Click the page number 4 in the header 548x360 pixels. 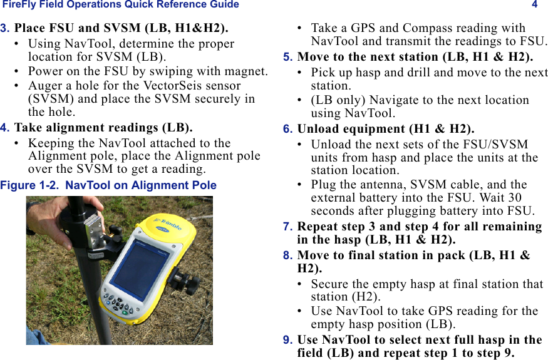click(x=534, y=4)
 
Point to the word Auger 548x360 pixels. click(x=43, y=85)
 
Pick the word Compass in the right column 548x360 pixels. click(x=424, y=28)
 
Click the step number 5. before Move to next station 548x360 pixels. click(x=288, y=58)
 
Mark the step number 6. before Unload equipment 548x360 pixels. click(x=288, y=129)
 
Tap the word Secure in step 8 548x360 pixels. click(x=331, y=284)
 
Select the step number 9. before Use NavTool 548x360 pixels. click(x=288, y=340)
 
